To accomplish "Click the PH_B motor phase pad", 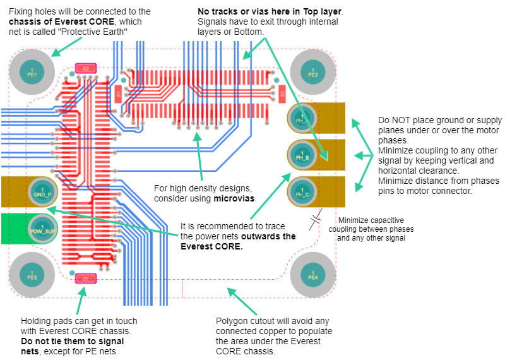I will tap(302, 154).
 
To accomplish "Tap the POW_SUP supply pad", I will tap(42, 228).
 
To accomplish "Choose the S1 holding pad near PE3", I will tap(85, 278).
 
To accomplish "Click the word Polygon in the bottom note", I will tap(233, 321).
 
